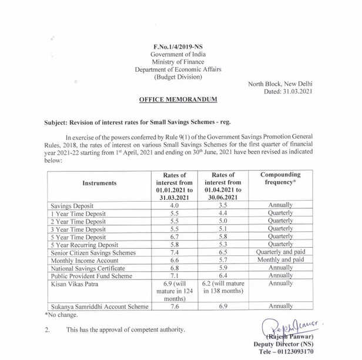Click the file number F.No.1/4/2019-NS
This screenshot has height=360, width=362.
click(x=177, y=45)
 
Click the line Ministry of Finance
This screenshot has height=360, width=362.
click(x=177, y=61)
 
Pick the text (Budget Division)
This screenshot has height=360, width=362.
click(x=177, y=76)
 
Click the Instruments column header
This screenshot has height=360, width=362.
click(x=99, y=183)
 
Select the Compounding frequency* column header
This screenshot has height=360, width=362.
click(x=280, y=179)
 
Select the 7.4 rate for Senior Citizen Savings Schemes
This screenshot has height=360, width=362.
click(x=174, y=252)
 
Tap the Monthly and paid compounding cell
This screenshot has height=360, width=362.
click(x=280, y=259)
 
